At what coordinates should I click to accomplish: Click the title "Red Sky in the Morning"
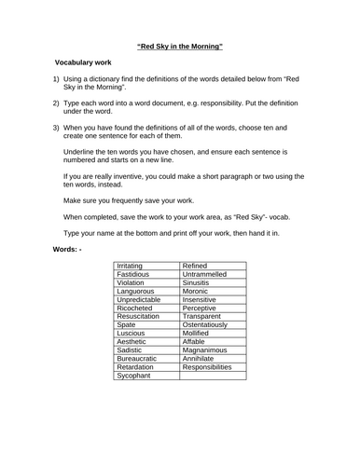pos(179,45)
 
